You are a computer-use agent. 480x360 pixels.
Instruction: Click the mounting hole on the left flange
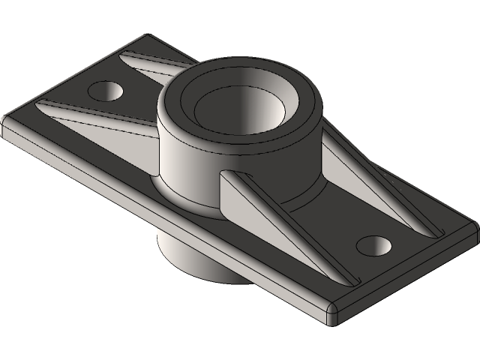click(106, 91)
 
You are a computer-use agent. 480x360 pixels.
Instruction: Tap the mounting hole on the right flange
click(373, 244)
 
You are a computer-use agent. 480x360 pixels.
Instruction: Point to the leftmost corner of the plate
click(6, 124)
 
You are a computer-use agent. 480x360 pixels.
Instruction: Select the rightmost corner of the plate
click(474, 225)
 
